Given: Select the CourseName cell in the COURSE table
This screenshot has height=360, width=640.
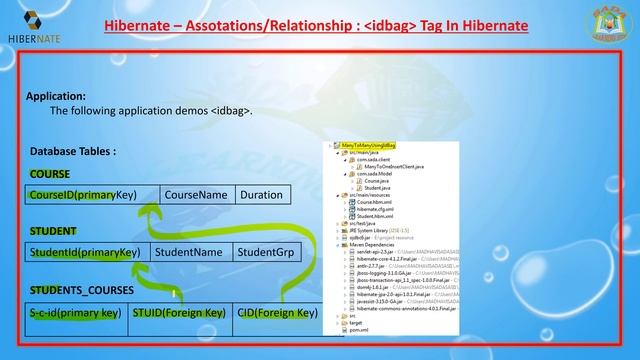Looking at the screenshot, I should pos(196,195).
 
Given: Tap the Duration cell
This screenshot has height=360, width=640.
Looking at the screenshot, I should pos(261,195).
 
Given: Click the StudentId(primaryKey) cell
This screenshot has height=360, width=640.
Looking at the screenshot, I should pos(85,253).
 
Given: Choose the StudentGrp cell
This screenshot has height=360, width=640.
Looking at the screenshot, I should pos(263,253).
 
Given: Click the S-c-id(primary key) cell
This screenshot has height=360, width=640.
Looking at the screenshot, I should pos(75,314).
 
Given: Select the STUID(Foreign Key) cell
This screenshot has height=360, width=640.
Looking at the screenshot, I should pos(178,314).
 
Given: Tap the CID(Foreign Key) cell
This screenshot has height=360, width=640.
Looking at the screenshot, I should pos(277,314).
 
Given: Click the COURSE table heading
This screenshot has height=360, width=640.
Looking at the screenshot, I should pos(50,173).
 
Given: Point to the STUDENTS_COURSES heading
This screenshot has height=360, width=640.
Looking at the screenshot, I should pos(75,290).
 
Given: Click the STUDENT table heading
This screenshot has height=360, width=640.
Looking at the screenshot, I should pos(53,231).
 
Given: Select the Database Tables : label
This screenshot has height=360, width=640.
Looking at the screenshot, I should pos(73,151).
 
